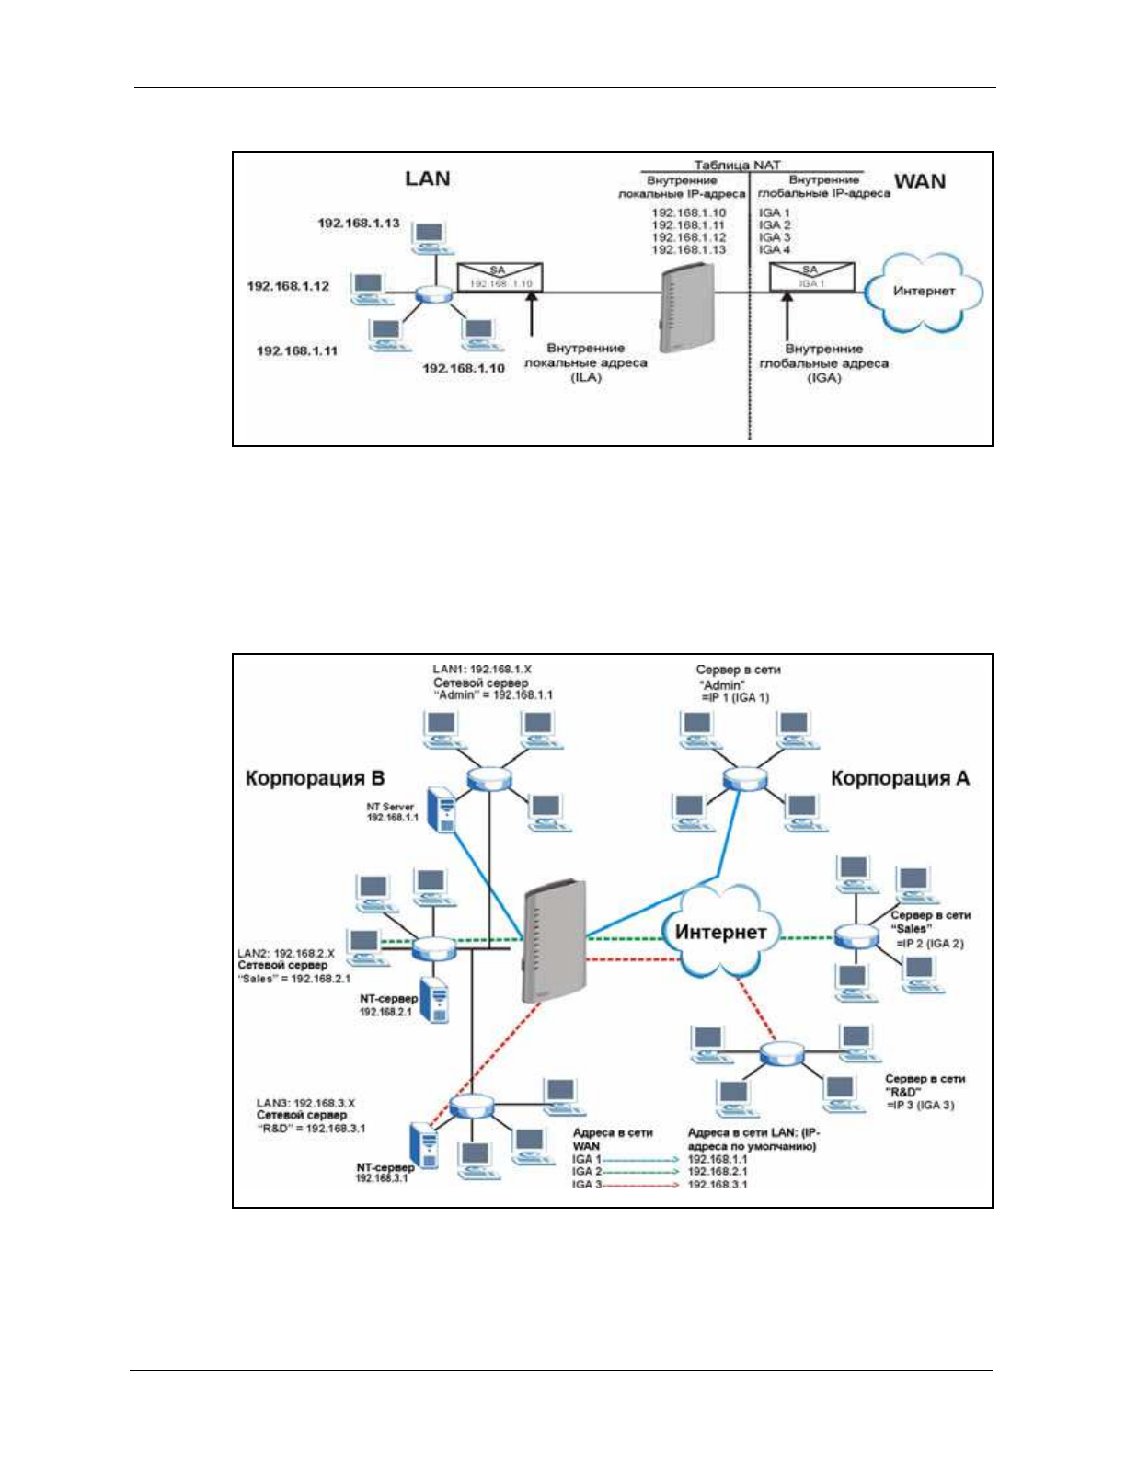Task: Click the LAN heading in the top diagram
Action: pos(428,178)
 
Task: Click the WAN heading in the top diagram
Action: pos(919,181)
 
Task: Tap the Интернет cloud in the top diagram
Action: pos(924,292)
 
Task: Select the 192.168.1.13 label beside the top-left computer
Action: pos(359,224)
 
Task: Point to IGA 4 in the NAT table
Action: pos(775,250)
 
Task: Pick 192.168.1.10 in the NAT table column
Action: pos(689,213)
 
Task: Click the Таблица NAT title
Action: pos(737,166)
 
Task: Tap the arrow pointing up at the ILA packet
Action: pos(531,314)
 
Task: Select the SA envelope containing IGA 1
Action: pos(811,277)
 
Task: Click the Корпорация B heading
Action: pos(315,778)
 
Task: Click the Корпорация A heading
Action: pos(900,778)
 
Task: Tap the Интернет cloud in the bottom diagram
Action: pos(720,932)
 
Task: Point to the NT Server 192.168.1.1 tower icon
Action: pos(442,809)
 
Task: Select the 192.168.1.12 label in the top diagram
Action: pos(288,287)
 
